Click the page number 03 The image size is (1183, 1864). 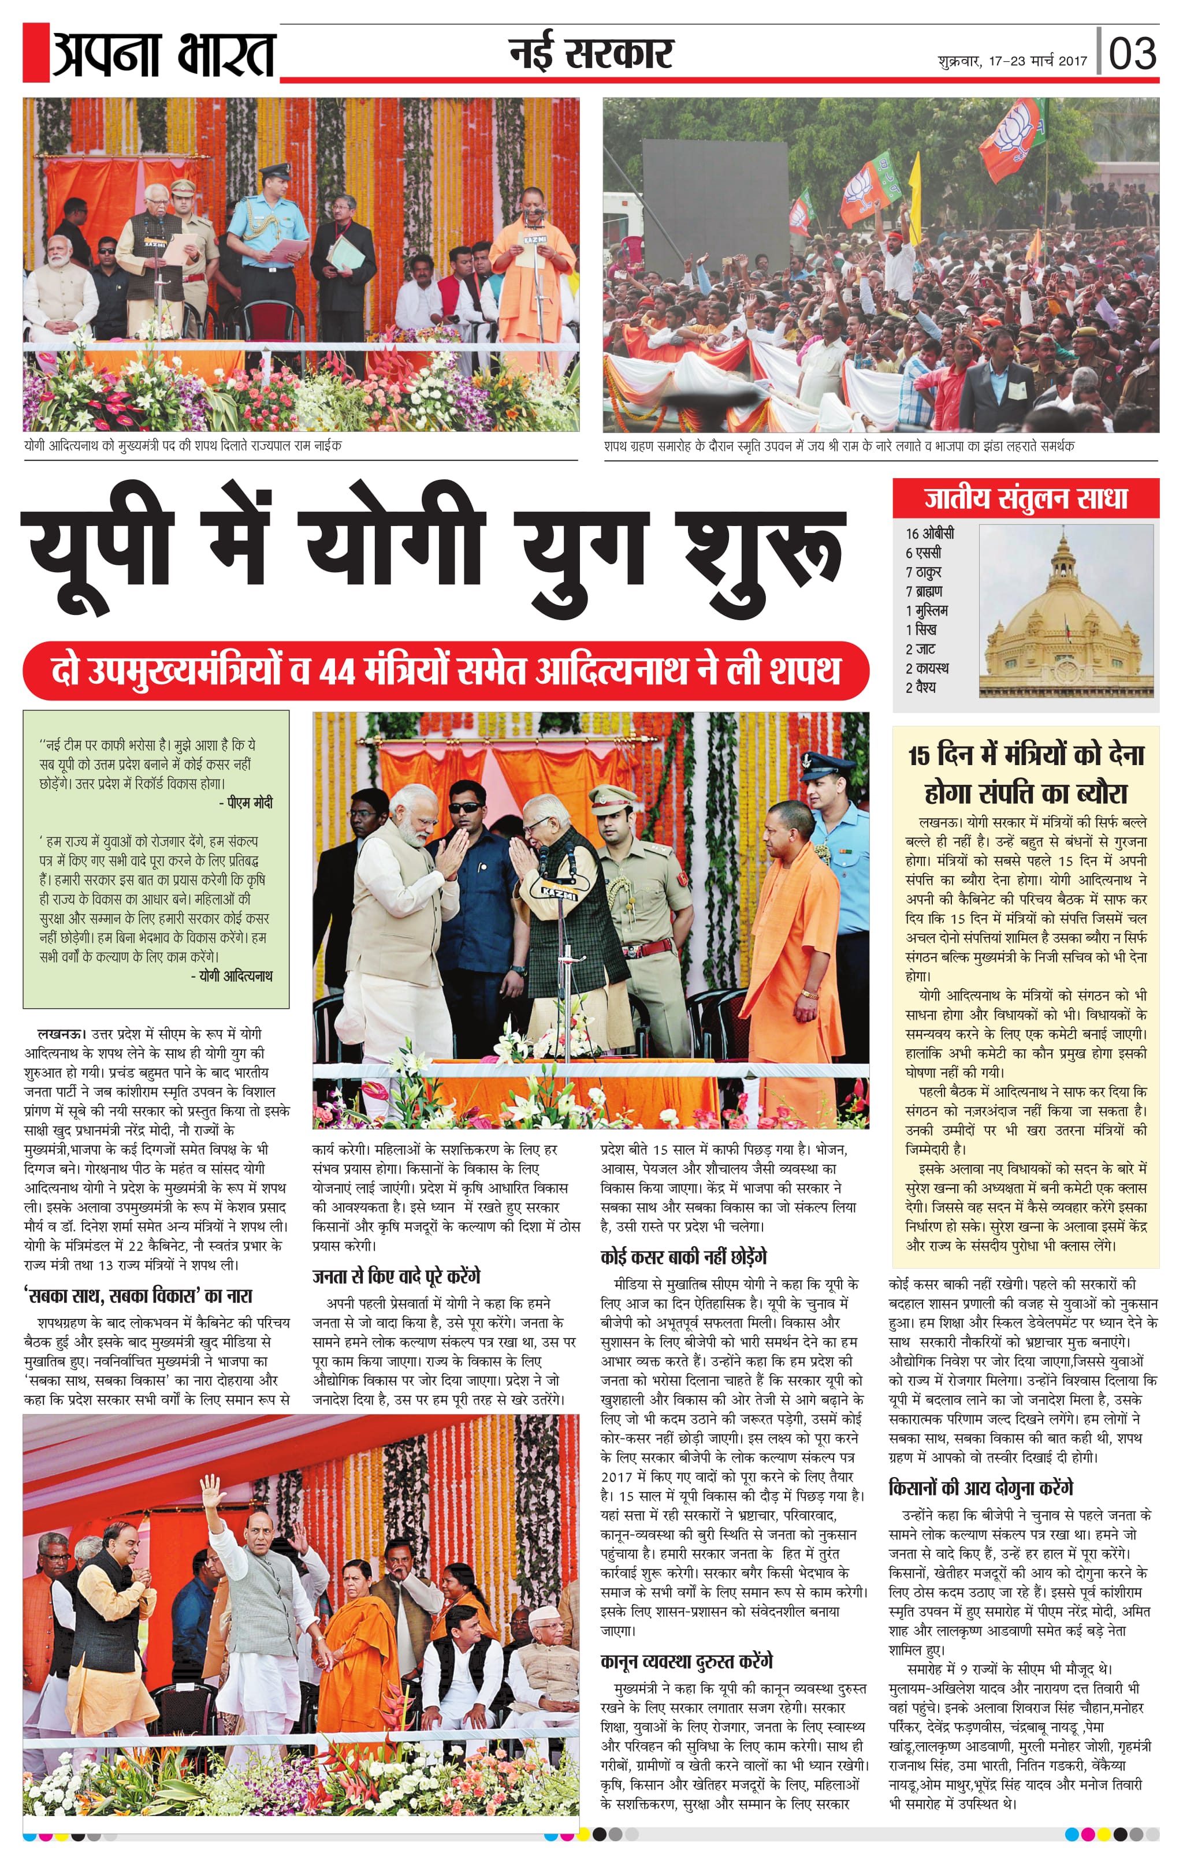[1132, 53]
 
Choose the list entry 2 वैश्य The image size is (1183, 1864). [921, 687]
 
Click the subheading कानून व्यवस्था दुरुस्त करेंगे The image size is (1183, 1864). [686, 1661]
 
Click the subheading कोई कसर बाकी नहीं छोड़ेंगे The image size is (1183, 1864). [683, 1257]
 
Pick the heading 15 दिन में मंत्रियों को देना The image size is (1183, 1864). [1026, 755]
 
